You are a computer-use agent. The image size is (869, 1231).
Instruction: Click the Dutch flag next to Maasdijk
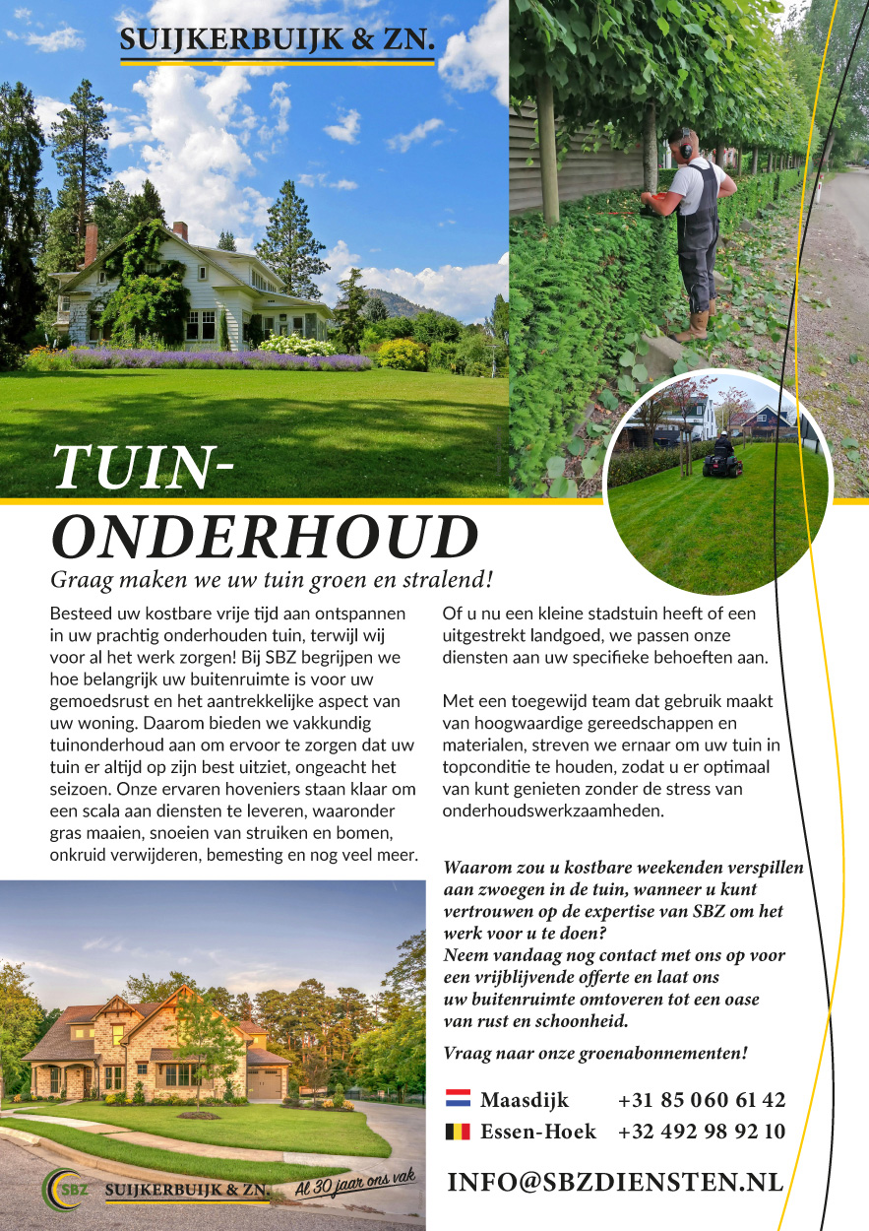(459, 1100)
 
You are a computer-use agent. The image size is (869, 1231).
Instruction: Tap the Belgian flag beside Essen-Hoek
(459, 1132)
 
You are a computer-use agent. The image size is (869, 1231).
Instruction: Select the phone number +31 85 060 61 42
(702, 1100)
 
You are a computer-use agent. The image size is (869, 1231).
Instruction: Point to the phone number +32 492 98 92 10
(702, 1132)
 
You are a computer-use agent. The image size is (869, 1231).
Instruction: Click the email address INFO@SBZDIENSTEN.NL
(615, 1182)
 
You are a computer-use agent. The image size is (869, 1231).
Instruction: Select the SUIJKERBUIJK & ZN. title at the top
(277, 40)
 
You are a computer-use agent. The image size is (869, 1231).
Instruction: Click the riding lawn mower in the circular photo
(722, 456)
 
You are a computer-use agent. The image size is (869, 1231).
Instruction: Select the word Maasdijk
(525, 1100)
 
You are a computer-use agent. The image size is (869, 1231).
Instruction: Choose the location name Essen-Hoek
(538, 1132)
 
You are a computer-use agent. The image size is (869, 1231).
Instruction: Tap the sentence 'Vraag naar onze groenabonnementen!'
(595, 1053)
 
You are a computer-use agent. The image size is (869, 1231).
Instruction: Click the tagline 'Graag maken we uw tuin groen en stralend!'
(272, 578)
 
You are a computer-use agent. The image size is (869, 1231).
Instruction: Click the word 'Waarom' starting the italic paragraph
(476, 869)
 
